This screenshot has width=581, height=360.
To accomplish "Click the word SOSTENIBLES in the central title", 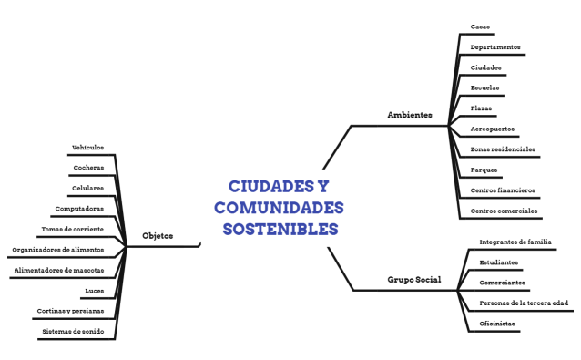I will coord(280,228).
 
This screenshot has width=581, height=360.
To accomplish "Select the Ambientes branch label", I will coord(410,115).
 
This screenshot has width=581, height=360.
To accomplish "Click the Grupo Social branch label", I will coord(414,280).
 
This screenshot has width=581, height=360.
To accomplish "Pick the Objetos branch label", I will coord(158,236).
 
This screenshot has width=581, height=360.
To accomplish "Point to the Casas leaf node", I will coord(480,26).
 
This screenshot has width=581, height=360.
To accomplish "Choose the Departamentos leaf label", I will coord(495,46).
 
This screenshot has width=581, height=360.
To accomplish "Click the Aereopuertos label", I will coord(492,129).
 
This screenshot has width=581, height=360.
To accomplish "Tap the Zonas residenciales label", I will coord(503,149).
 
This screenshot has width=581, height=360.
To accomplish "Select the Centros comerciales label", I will coord(504,211).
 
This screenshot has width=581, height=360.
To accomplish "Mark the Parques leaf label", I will coord(484,170).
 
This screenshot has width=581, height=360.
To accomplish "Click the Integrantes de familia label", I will coord(515,242).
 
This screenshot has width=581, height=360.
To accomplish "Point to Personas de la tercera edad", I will coord(524,303).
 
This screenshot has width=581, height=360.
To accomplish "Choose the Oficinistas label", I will coord(497,324).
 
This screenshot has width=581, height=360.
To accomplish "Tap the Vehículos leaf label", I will coord(87,148).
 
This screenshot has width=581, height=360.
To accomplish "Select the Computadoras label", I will coord(79,209).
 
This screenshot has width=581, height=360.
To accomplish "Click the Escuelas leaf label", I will coord(484,87).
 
